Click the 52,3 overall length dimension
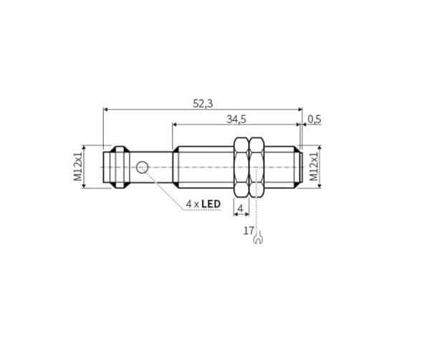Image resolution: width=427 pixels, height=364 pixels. click(203, 104)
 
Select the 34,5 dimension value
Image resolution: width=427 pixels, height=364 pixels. click(236, 120)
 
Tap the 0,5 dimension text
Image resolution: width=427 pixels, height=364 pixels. click(315, 120)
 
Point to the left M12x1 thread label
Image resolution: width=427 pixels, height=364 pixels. click(78, 166)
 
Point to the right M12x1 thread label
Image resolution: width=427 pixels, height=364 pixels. click(314, 166)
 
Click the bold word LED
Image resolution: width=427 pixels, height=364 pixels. click(211, 203)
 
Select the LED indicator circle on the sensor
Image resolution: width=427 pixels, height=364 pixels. click(142, 167)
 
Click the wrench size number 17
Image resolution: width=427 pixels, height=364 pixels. click(249, 231)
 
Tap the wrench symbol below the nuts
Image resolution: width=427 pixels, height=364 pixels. click(258, 238)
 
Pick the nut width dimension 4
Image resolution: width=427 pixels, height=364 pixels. click(240, 209)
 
